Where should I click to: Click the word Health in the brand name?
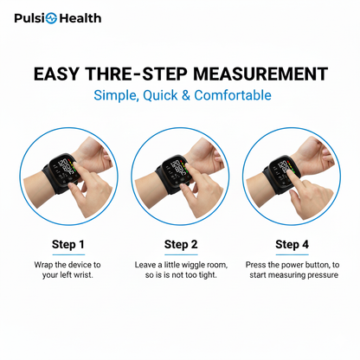click(80, 18)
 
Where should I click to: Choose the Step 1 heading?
click(68, 244)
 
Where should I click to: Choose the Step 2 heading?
click(181, 244)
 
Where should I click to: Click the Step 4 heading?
click(292, 244)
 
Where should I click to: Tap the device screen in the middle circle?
click(178, 166)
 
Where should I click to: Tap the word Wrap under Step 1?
click(44, 264)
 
